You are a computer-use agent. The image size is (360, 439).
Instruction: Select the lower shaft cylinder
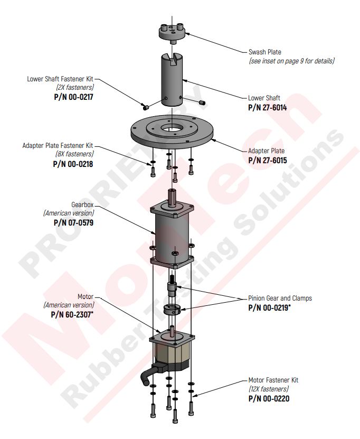pyautogui.click(x=172, y=80)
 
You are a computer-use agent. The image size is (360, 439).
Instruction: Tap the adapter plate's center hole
pyautogui.click(x=172, y=129)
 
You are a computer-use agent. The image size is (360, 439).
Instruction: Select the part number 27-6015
pyautogui.click(x=268, y=161)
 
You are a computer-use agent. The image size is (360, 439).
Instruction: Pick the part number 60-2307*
pyautogui.click(x=72, y=315)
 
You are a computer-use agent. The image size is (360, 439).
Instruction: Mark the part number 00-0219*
pyautogui.click(x=269, y=307)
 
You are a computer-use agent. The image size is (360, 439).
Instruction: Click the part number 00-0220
pyautogui.click(x=269, y=398)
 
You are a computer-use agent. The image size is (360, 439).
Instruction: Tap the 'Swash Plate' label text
pyautogui.click(x=265, y=52)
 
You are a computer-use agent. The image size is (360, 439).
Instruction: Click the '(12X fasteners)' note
pyautogui.click(x=269, y=389)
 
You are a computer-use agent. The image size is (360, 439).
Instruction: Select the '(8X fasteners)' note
pyautogui.click(x=74, y=154)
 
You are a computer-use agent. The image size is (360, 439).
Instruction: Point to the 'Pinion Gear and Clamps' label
pyautogui.click(x=280, y=298)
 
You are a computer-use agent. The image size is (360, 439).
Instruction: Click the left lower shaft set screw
pyautogui.click(x=145, y=107)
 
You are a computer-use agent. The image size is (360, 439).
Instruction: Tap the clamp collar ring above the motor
pyautogui.click(x=171, y=309)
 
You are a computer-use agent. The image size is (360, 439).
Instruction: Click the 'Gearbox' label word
pyautogui.click(x=82, y=204)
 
